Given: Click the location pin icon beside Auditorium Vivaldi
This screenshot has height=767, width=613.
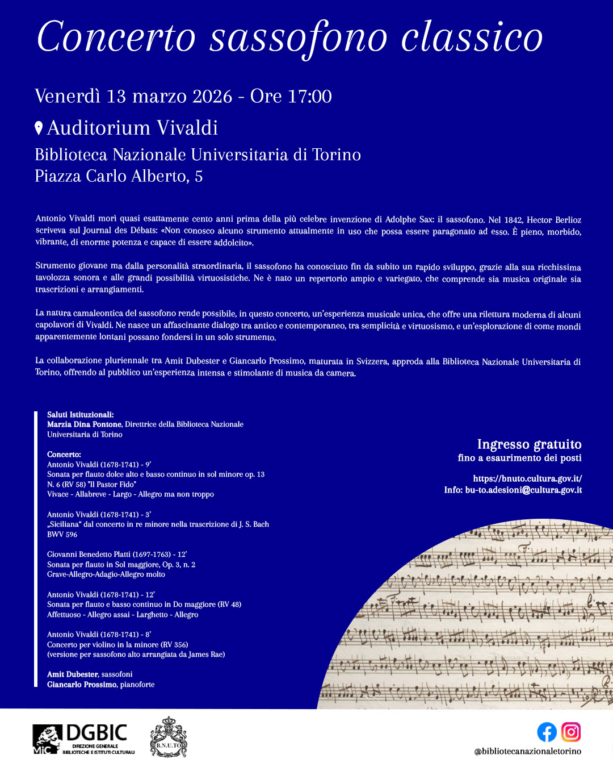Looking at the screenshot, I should pos(39,128).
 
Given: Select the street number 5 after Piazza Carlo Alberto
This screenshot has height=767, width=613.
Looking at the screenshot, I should pos(199,177).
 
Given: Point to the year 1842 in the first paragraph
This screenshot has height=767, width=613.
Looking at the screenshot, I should pos(513,220).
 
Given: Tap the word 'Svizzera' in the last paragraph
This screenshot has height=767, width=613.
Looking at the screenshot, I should pos(372,361).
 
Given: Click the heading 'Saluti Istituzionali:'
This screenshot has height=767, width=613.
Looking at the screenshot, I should pos(80,415).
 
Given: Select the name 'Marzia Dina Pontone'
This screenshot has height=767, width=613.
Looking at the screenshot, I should pos(84,424).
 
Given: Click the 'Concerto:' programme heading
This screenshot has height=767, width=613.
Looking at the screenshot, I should pos(64,455).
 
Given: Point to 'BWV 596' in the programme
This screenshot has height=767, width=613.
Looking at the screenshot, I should pos(62,535).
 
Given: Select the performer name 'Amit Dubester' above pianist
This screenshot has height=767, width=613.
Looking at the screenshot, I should pos(73,674).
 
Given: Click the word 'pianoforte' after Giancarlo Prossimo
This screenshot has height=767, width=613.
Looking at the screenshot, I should pos(137,685).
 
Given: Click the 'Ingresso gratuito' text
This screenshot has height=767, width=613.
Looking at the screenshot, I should pos(529,444).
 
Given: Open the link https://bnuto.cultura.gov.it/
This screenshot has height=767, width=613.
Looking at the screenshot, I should pos(527,479).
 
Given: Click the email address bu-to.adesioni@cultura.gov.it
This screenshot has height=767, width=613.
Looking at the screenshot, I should pos(523,490).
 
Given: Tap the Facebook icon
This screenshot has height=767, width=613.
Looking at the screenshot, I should pos(547,732).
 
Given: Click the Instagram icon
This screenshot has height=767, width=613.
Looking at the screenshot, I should pos(571,732).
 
